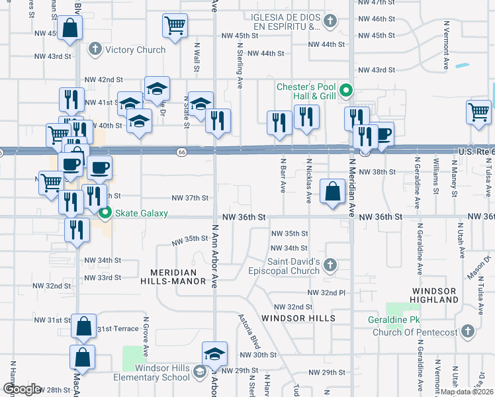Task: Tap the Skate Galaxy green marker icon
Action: click(x=105, y=214)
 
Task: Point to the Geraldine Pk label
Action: click(x=396, y=320)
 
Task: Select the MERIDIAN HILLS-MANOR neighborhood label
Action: click(x=174, y=277)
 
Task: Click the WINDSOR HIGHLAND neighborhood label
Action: click(x=435, y=295)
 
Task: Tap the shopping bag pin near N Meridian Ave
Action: click(x=332, y=192)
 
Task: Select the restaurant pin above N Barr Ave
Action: click(x=279, y=122)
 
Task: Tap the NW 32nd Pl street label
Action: click(x=325, y=292)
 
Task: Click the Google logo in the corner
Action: click(x=21, y=389)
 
